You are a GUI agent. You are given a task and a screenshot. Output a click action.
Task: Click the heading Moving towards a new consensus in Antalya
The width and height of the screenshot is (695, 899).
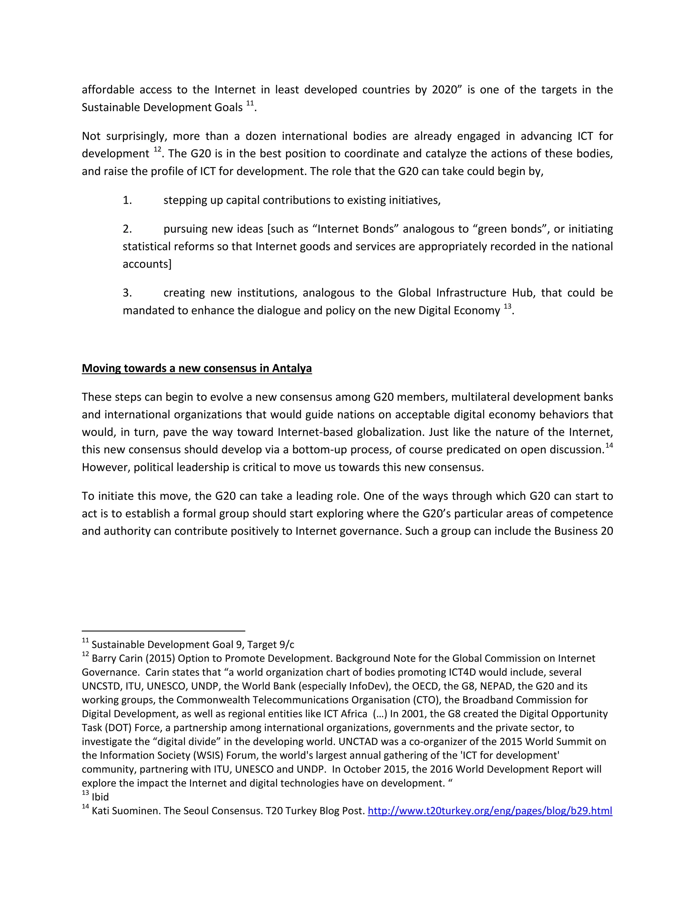pos(196,368)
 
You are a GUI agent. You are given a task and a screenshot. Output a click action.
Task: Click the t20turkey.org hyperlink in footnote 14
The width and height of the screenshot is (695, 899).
pos(490,810)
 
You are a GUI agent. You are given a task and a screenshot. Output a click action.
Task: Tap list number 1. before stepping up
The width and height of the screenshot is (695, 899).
pos(127,200)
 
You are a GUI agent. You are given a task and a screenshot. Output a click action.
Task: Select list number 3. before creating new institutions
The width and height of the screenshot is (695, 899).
pos(127,293)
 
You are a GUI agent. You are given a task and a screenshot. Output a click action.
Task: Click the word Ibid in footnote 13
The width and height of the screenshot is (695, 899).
pos(100,797)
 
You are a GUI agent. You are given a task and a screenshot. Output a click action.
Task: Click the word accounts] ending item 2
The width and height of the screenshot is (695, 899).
pos(147,264)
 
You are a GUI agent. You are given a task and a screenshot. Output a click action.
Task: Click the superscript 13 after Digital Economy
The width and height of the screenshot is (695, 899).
pos(507,306)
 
